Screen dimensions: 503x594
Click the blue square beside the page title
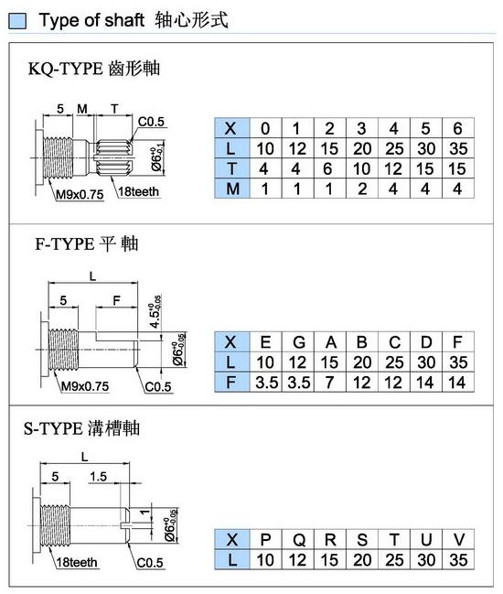(x=17, y=21)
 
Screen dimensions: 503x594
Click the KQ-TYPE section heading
(x=94, y=69)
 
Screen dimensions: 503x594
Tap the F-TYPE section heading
(x=87, y=244)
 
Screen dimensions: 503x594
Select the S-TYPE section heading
(x=81, y=428)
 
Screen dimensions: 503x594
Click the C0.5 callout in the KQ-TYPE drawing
(x=151, y=122)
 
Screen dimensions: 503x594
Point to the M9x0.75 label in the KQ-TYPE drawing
(x=80, y=194)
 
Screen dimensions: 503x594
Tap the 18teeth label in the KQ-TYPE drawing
(x=138, y=191)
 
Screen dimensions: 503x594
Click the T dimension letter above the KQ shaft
(x=114, y=109)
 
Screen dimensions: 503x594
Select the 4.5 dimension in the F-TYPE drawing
(x=155, y=312)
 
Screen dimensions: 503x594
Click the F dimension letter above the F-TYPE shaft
(x=116, y=300)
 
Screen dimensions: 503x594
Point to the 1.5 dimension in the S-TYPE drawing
(x=98, y=476)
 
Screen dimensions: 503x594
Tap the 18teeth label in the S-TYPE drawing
(x=77, y=562)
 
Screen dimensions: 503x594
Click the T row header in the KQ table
(x=232, y=168)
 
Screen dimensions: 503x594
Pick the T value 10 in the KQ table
(x=362, y=168)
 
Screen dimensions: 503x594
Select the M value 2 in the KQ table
(x=362, y=189)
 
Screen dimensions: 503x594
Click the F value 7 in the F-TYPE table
(x=329, y=383)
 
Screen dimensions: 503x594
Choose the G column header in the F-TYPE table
(x=299, y=342)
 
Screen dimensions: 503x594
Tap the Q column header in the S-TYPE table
(x=299, y=540)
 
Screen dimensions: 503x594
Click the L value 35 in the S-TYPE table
(x=458, y=560)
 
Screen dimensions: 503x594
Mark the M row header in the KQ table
(x=232, y=189)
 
